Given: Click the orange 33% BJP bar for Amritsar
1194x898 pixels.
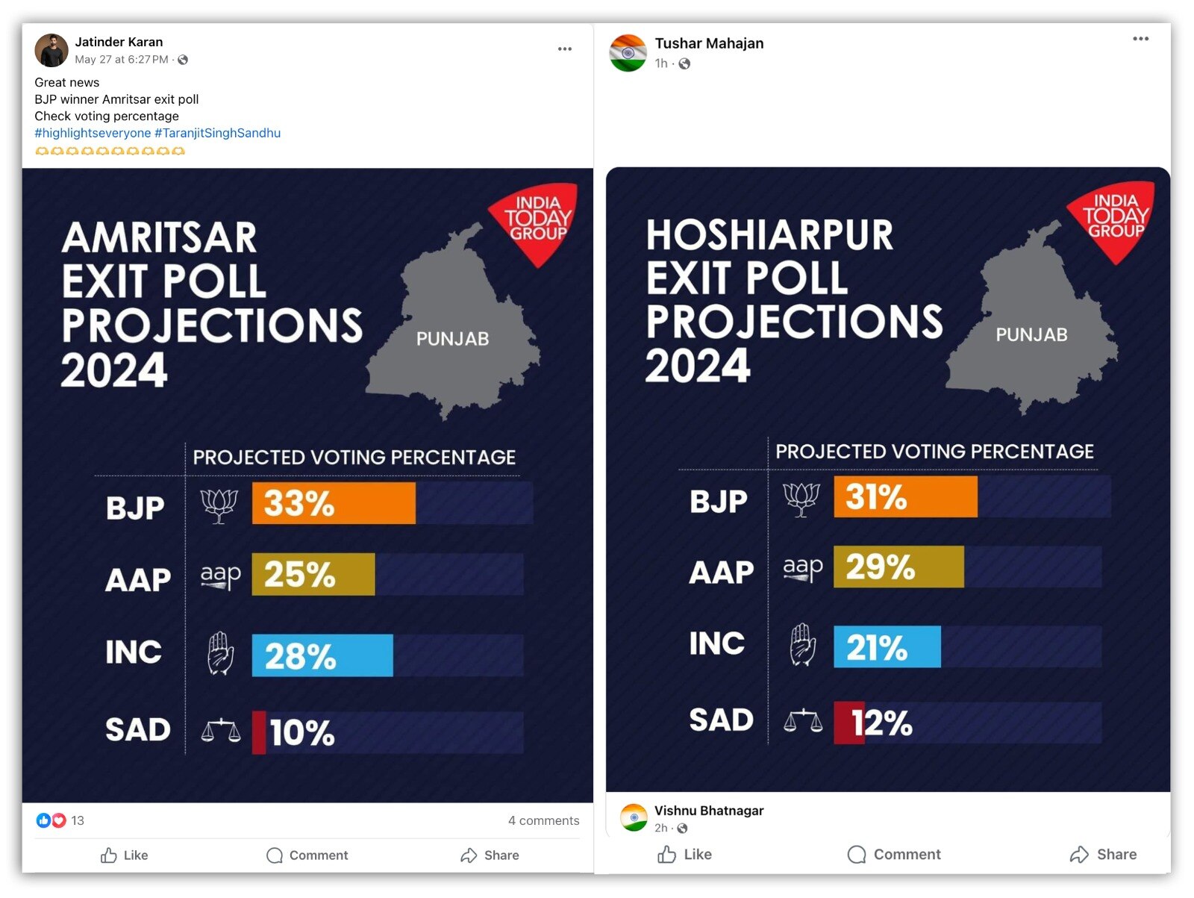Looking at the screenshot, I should pos(333,503).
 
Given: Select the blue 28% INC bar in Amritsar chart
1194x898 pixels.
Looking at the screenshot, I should pos(322,655).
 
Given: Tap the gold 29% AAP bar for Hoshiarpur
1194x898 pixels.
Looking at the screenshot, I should pos(898,567).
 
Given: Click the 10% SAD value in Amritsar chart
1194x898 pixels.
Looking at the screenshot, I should pos(301,732).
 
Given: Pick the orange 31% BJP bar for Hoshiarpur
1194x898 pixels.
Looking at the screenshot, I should pos(904,497).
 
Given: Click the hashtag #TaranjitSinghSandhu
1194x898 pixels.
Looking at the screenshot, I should pos(217,133).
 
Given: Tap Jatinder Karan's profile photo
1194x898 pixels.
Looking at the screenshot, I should pos(51,50).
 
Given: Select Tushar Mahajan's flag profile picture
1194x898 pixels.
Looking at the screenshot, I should pos(628,52).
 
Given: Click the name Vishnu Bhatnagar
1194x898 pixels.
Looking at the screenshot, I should pos(709,811).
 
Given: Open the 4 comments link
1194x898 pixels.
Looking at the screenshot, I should pos(543,820).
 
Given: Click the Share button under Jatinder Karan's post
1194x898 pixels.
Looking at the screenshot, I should pos(490,855).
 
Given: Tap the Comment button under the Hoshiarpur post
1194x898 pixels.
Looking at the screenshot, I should pos(894,855).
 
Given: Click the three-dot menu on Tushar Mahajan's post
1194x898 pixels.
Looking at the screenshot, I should pos(1140,39).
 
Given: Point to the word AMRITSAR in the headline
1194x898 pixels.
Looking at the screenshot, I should pos(159,238).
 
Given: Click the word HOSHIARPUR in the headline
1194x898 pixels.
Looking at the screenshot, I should pos(769,235).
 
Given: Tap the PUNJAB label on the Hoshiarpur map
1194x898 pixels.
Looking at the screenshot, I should pos(1031,334).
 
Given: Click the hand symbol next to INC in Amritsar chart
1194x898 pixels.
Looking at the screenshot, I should pos(220,653).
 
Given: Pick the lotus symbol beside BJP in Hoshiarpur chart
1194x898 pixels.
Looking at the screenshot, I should pos(801,499).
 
